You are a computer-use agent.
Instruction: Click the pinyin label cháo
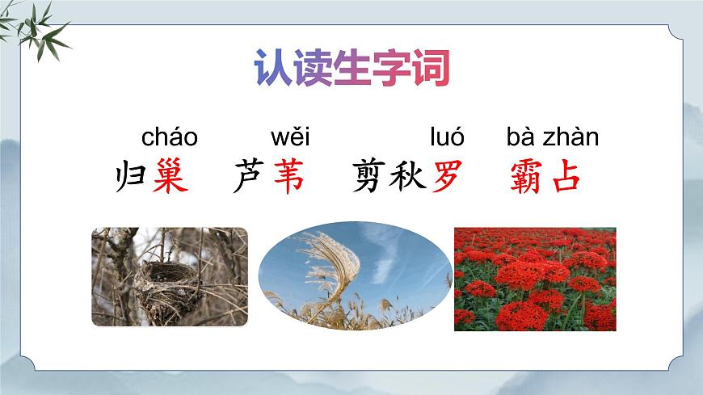point(170,137)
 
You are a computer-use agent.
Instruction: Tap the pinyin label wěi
point(290,137)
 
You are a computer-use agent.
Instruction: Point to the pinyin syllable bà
point(520,137)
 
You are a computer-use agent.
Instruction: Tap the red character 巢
point(170,177)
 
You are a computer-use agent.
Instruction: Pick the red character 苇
point(288,177)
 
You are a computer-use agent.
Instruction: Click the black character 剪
point(369,177)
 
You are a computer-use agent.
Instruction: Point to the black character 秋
point(407,177)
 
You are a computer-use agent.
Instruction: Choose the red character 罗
point(447,177)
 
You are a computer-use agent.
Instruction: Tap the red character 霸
point(527,177)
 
